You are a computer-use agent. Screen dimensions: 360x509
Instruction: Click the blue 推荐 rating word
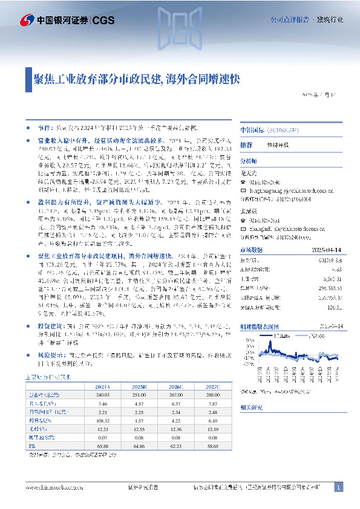pyautogui.click(x=246, y=146)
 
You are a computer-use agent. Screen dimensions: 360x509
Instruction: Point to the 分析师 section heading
pyautogui.click(x=249, y=161)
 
